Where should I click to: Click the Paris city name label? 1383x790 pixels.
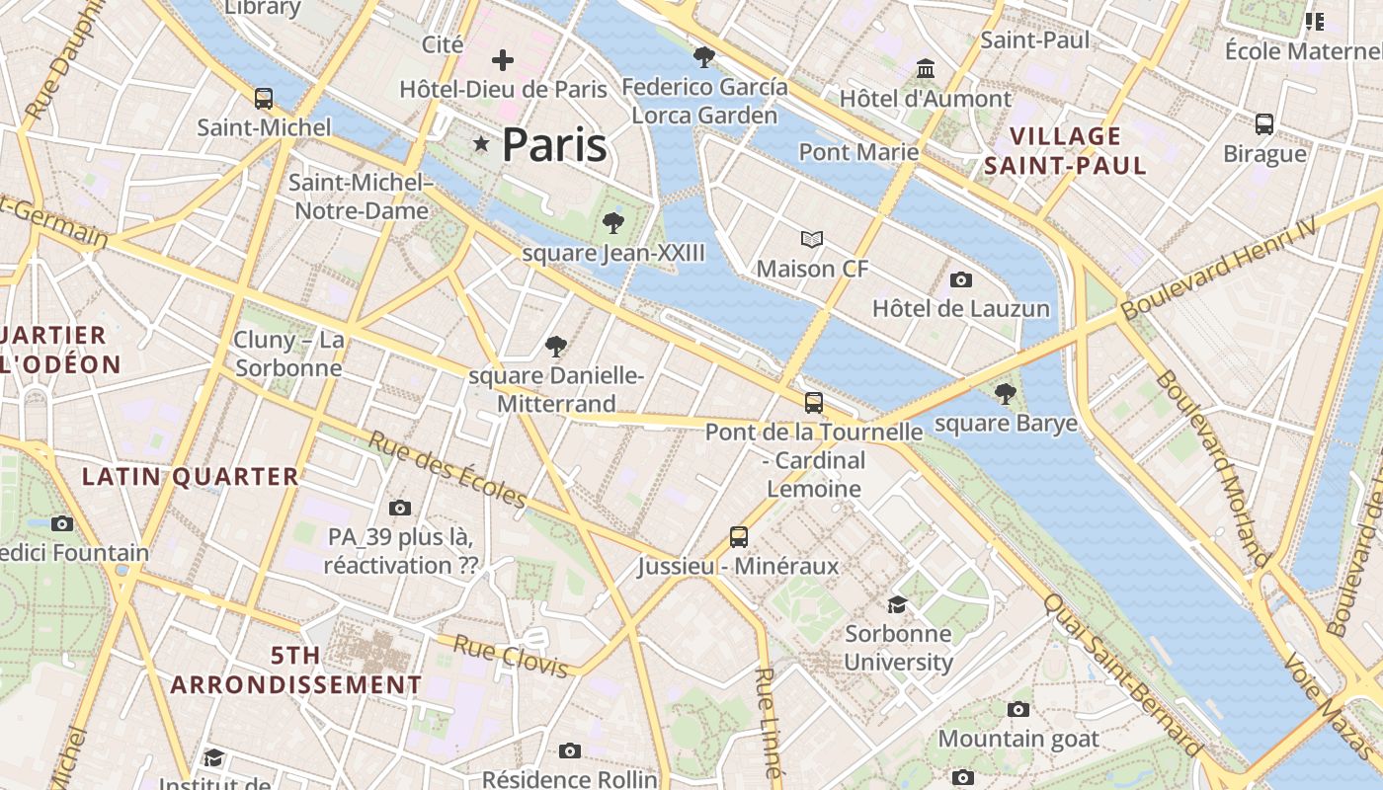[x=553, y=145]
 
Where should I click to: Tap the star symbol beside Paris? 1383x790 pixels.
[x=481, y=145]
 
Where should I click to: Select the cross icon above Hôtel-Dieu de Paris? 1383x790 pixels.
[x=503, y=60]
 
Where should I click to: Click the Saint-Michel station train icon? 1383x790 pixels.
[x=264, y=99]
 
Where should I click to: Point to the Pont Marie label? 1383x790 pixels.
[x=858, y=152]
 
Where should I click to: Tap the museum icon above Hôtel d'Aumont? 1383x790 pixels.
[x=926, y=69]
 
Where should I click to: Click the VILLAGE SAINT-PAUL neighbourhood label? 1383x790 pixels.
[x=1066, y=151]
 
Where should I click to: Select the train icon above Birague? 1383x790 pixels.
[x=1264, y=124]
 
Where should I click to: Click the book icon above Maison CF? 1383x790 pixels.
[x=812, y=239]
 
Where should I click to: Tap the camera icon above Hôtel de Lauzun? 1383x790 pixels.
[x=960, y=280]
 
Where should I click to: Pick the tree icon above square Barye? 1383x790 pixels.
[x=1006, y=394]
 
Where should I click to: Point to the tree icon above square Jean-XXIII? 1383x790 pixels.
[x=613, y=223]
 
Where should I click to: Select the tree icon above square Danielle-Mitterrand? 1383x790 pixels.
[x=556, y=347]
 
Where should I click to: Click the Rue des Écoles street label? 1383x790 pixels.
[x=447, y=469]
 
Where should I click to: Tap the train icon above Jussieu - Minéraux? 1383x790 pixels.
[x=738, y=537]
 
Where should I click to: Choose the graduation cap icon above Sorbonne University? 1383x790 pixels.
[x=897, y=604]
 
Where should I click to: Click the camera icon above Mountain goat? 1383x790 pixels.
[x=1018, y=709]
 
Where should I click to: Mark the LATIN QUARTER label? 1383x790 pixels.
[x=190, y=477]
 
